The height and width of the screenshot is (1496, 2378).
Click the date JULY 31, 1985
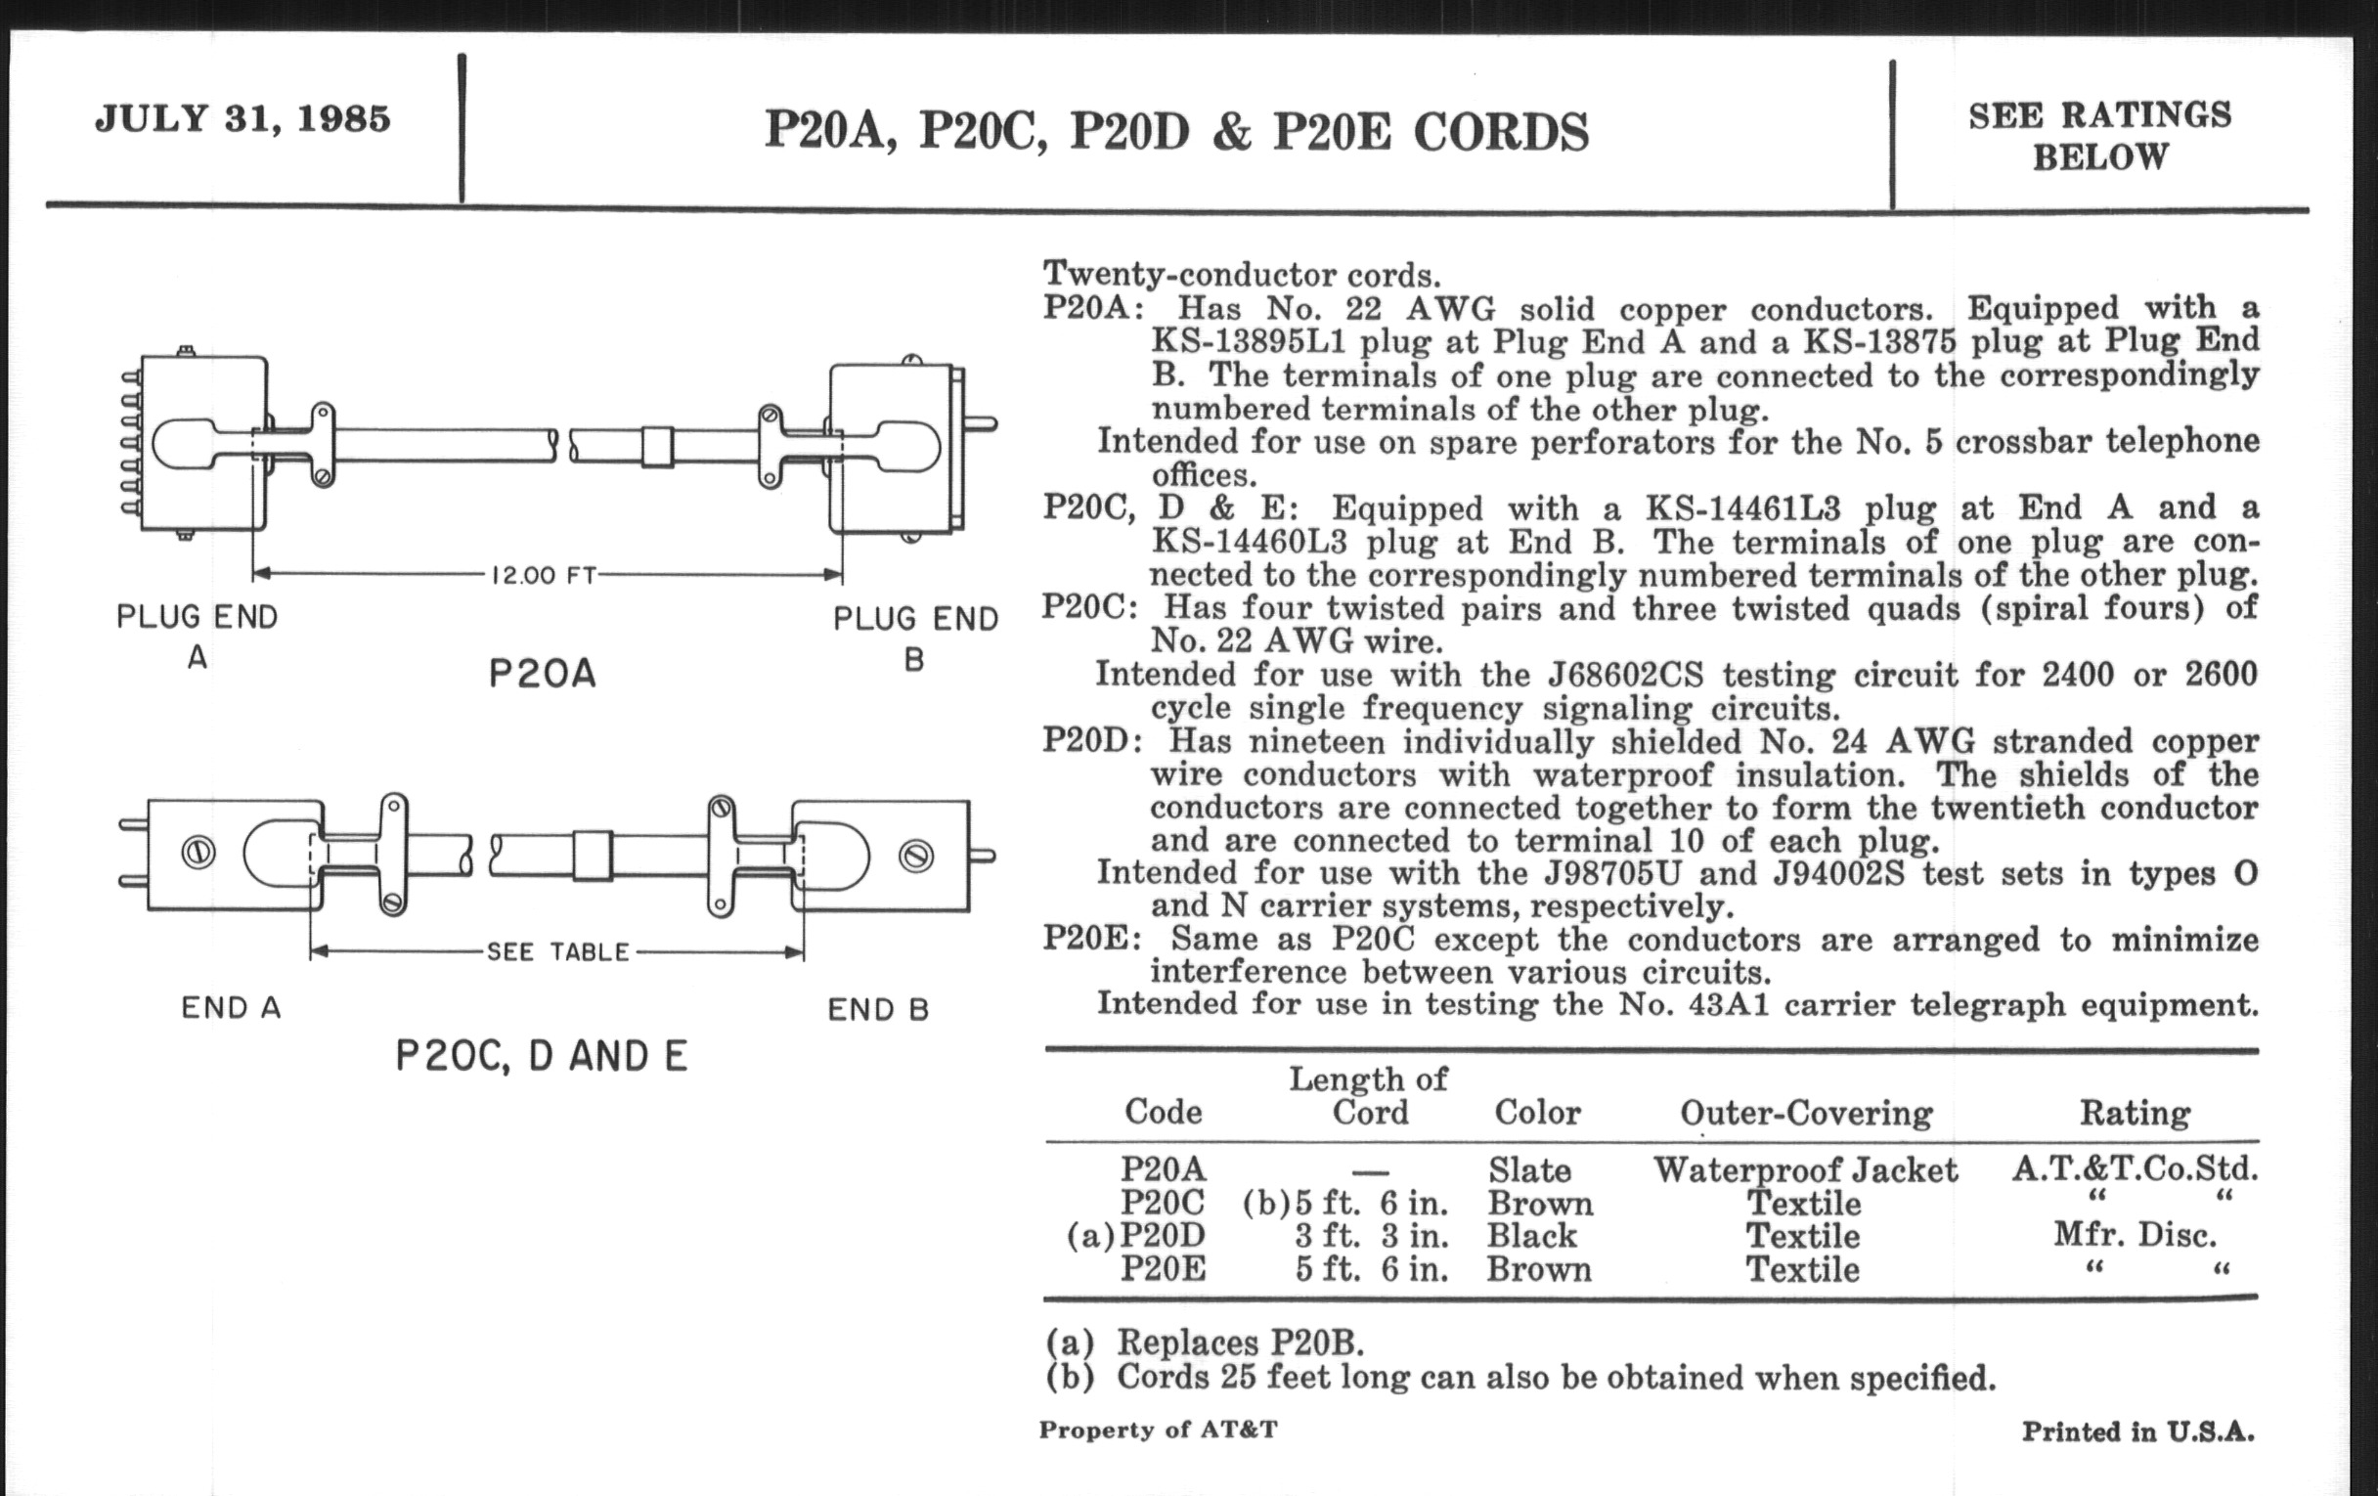click(x=242, y=118)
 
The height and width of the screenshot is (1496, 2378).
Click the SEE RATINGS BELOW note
click(x=2099, y=136)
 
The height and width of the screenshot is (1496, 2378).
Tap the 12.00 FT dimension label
click(x=543, y=575)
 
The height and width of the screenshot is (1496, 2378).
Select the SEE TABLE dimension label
click(x=558, y=952)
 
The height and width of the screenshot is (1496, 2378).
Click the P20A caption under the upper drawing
click(x=542, y=675)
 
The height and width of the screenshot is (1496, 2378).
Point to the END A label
click(x=231, y=1008)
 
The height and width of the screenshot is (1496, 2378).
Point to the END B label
click(x=878, y=1009)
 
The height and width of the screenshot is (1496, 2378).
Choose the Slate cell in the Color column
click(x=1528, y=1170)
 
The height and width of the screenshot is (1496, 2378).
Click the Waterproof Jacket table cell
click(x=1805, y=1170)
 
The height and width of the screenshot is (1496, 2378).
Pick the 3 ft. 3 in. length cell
click(x=1372, y=1236)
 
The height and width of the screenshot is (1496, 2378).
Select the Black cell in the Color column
click(x=1531, y=1236)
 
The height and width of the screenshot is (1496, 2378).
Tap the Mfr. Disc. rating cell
click(x=2136, y=1235)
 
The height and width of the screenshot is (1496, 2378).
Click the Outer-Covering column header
click(x=1806, y=1113)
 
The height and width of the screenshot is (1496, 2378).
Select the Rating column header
click(x=2136, y=1113)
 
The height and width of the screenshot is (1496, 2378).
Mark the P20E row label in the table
click(x=1164, y=1269)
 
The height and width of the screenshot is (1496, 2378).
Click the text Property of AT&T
click(x=1158, y=1430)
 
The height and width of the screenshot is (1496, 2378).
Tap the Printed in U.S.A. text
click(x=2138, y=1431)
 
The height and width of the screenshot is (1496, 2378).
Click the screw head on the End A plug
click(x=198, y=853)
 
